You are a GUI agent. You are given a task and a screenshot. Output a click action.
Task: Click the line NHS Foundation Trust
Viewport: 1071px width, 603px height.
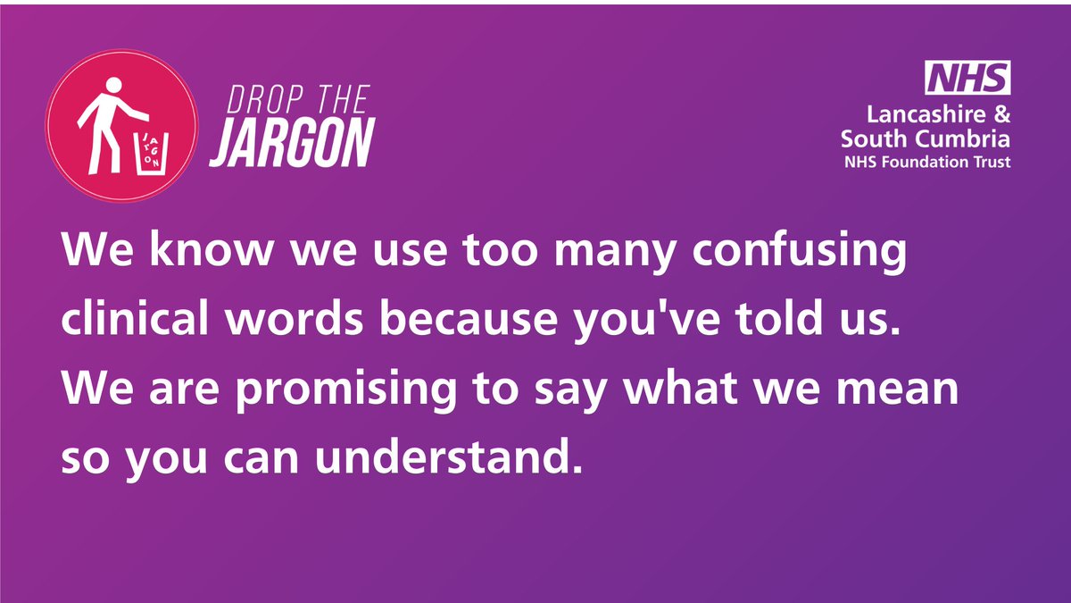(x=928, y=163)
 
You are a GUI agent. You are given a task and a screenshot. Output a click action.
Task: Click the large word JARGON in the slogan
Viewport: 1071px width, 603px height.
(x=291, y=143)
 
